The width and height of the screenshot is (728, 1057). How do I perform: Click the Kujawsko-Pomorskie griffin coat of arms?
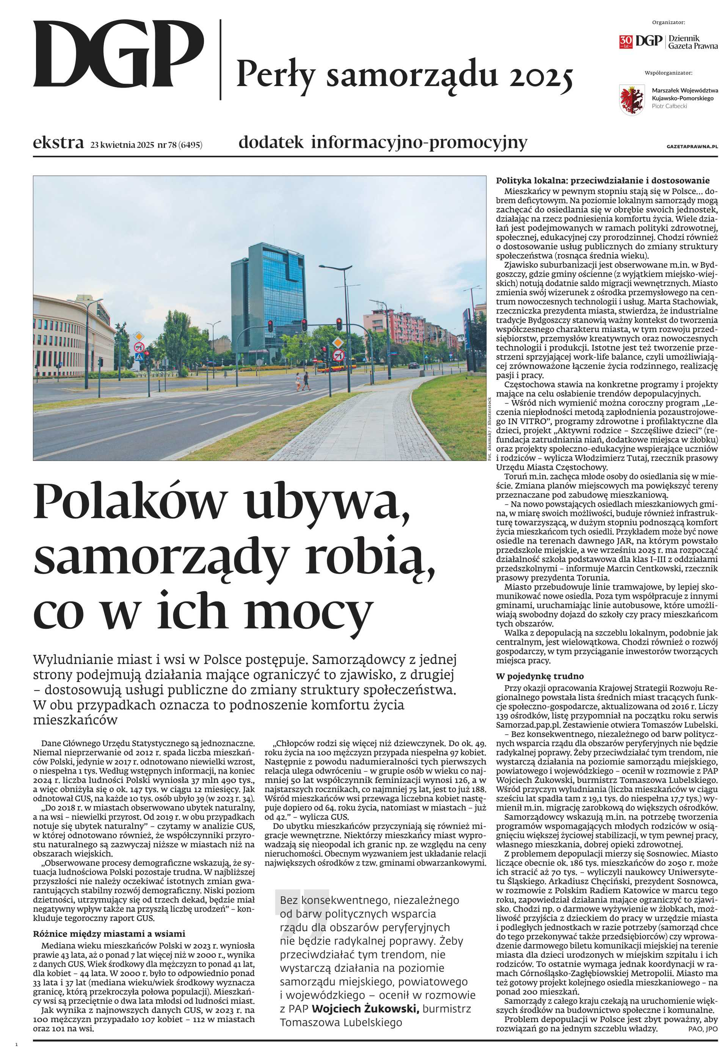click(x=631, y=99)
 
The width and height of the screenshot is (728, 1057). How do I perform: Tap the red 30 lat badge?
click(x=625, y=41)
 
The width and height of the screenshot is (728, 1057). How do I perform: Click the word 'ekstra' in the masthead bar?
click(x=58, y=143)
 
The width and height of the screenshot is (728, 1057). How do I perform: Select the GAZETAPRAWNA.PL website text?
click(x=692, y=147)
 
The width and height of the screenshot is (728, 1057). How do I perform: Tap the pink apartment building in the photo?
click(x=393, y=326)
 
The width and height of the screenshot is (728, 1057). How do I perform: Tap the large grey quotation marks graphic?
click(x=302, y=904)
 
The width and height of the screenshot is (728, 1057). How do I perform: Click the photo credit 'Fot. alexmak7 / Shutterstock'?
click(x=490, y=429)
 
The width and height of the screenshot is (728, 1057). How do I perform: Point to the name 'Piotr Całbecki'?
click(x=669, y=106)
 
